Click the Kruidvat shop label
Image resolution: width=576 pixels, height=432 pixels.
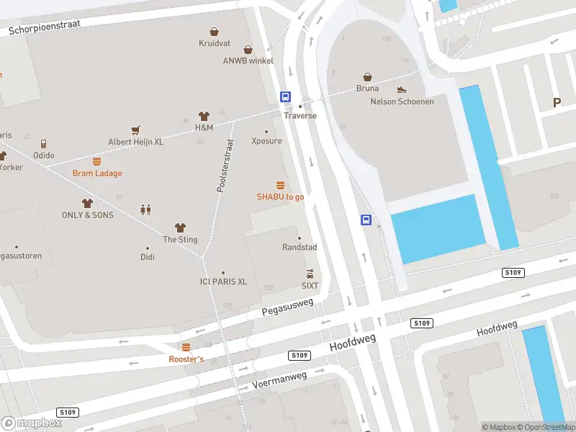pyautogui.click(x=215, y=43)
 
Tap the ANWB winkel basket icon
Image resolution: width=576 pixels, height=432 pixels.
pyautogui.click(x=248, y=50)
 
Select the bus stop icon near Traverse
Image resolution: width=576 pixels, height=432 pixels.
pyautogui.click(x=285, y=96)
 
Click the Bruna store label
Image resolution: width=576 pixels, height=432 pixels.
pyautogui.click(x=367, y=89)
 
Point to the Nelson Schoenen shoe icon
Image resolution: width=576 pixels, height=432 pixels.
pyautogui.click(x=402, y=90)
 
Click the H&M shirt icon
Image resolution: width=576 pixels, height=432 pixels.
pyautogui.click(x=204, y=116)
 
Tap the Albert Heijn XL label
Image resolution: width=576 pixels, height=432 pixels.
pyautogui.click(x=136, y=142)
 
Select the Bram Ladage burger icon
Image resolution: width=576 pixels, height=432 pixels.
pyautogui.click(x=96, y=161)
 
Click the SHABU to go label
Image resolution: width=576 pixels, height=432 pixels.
pyautogui.click(x=280, y=197)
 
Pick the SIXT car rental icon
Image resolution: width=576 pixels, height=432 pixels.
pyautogui.click(x=310, y=274)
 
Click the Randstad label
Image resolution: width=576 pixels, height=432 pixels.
pyautogui.click(x=300, y=247)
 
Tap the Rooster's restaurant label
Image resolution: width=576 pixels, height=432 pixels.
pyautogui.click(x=186, y=359)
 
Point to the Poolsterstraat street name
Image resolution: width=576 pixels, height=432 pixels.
pyautogui.click(x=225, y=166)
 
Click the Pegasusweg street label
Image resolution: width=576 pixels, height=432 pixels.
pyautogui.click(x=288, y=307)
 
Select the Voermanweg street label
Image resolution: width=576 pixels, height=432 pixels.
pyautogui.click(x=280, y=379)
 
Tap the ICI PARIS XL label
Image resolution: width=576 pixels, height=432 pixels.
pyautogui.click(x=223, y=282)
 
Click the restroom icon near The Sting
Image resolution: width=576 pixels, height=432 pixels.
pyautogui.click(x=145, y=210)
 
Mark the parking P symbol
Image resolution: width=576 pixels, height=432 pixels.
pyautogui.click(x=557, y=103)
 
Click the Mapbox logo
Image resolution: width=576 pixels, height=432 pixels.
pyautogui.click(x=31, y=423)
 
